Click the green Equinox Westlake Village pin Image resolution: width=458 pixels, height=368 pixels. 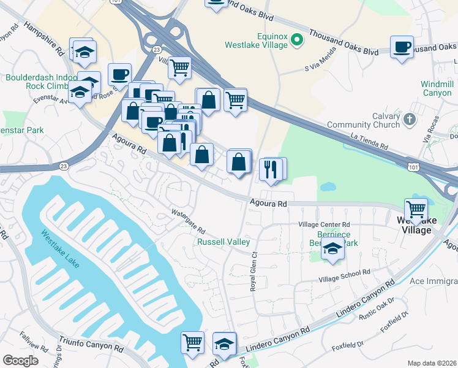tap(297, 40)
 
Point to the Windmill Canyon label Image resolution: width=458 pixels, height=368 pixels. tap(437, 88)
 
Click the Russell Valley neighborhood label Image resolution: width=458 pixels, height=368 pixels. tap(223, 242)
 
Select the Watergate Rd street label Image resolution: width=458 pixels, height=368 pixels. tap(188, 221)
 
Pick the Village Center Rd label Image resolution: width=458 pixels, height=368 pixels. tap(324, 225)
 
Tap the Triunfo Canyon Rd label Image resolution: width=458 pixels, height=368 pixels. tap(91, 344)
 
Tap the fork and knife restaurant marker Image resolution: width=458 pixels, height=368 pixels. tap(271, 168)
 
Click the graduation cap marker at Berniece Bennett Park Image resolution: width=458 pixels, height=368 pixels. tap(332, 249)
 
